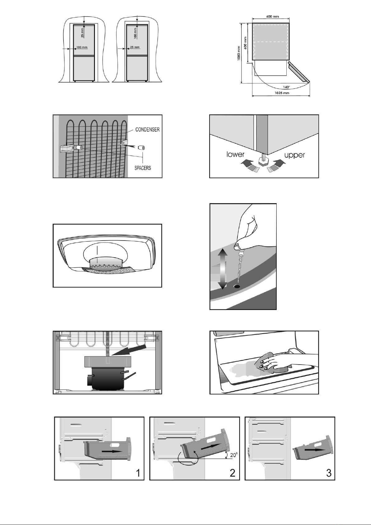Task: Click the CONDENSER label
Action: (148, 130)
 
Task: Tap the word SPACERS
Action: (143, 168)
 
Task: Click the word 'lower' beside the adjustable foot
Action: (236, 154)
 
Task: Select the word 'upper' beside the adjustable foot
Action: (294, 155)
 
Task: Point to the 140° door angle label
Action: (287, 87)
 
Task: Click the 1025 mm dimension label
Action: (282, 93)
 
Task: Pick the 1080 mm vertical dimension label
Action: (239, 53)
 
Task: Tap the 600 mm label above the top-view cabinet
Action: (273, 17)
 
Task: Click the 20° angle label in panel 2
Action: (234, 455)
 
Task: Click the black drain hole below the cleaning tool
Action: (237, 286)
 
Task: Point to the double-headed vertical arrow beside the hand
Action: (223, 269)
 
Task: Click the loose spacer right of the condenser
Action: (142, 148)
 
